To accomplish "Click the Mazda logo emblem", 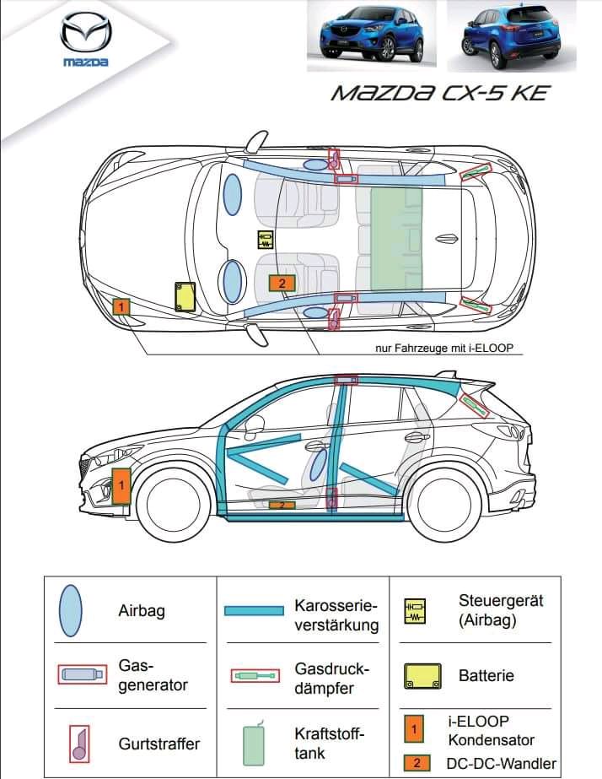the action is tap(85, 33).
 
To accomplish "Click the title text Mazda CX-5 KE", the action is tap(440, 93).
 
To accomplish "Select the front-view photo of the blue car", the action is tap(372, 35).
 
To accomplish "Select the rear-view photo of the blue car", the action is tap(511, 35).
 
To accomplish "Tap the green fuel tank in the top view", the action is tap(396, 239).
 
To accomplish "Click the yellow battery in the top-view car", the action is tap(185, 296).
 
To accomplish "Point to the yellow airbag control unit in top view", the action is tap(266, 240).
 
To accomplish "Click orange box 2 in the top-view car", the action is tap(282, 284).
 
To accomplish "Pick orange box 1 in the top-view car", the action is tap(121, 306).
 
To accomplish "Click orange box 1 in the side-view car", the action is tap(121, 485).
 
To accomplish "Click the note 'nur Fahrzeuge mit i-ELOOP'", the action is tap(444, 349).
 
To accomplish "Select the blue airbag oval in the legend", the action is tap(71, 610).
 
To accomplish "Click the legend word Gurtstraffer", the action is tap(159, 744).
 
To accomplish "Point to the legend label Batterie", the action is tap(486, 676).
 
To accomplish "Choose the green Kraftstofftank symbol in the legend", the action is tap(253, 744).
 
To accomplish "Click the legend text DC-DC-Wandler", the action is tap(502, 763).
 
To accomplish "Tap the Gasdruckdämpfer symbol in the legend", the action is tap(255, 676).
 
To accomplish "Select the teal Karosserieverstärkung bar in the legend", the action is tap(254, 610).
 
